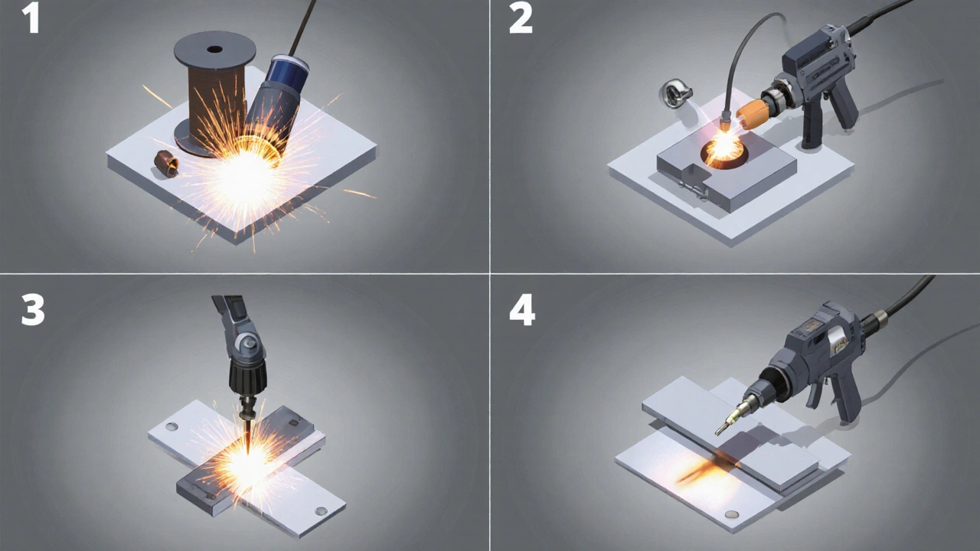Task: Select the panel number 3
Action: click(33, 309)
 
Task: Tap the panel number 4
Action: click(522, 309)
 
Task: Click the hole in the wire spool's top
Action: click(214, 49)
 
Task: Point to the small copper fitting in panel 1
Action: click(166, 164)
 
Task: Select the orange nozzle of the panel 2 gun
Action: click(753, 114)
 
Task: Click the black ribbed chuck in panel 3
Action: click(247, 378)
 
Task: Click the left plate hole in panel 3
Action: click(172, 426)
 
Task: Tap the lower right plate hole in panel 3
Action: click(321, 510)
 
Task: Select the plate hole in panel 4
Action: click(731, 514)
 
